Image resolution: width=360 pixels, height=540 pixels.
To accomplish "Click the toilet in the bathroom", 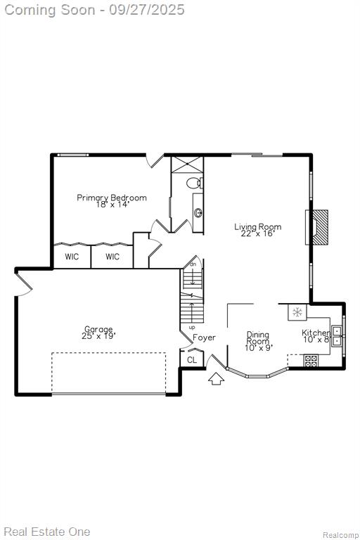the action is coord(194,183).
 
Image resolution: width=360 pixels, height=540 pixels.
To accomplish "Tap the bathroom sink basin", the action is coord(198,213).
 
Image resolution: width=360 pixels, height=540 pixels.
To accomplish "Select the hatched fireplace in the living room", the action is coord(320,227).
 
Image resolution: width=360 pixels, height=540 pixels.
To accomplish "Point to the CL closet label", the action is coord(192,360).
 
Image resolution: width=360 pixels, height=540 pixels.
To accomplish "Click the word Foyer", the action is coord(204,337).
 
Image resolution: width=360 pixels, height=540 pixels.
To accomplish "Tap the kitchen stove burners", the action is coord(311,361).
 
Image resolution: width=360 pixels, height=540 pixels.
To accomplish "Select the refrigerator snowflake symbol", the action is coord(297,312).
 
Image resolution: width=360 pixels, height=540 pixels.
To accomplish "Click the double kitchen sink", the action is coord(337,336).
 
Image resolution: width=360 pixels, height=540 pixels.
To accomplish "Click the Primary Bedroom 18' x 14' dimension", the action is coord(112,204).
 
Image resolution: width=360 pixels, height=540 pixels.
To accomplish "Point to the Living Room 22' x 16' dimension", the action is coord(257,233).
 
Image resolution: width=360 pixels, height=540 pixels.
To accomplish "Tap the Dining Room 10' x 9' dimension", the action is coord(259,348).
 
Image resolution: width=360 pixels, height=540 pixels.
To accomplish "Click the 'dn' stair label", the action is coord(193,264).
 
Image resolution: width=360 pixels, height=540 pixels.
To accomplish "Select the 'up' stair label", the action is coord(192,328).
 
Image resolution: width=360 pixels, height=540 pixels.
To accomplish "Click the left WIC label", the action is coord(72,257).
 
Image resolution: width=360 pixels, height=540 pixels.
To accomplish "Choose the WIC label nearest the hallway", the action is coord(112,257).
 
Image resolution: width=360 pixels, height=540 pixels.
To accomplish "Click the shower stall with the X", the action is coord(188,165).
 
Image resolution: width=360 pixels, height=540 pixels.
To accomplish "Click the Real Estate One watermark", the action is coord(47,532).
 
